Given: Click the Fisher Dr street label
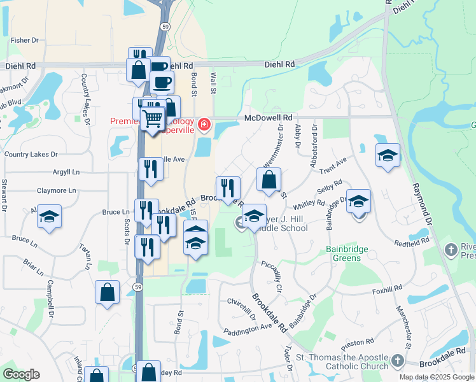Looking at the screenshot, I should (25, 40).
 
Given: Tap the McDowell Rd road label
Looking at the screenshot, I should (269, 118).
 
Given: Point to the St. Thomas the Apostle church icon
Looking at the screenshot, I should (398, 360).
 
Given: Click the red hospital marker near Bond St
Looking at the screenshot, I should (204, 124).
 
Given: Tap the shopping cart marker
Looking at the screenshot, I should (152, 118).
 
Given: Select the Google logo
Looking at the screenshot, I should (21, 374).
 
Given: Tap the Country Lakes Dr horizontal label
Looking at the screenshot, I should (31, 154).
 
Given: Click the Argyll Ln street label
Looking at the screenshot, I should (66, 172).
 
